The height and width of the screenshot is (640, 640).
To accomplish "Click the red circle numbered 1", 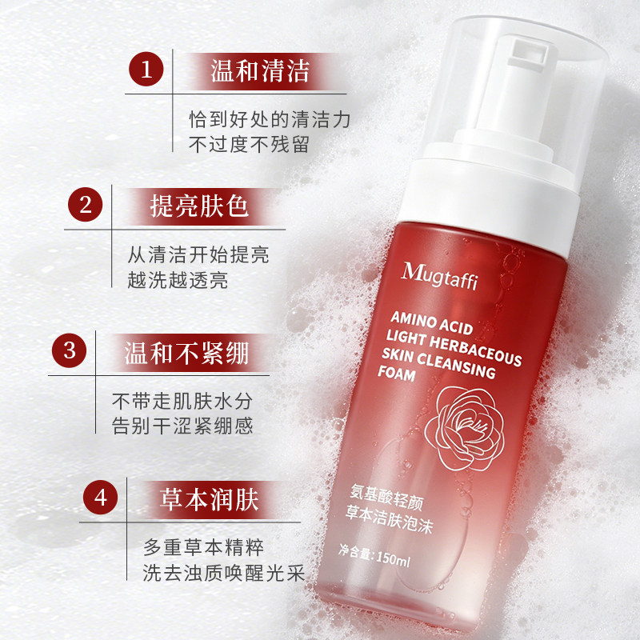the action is click(x=146, y=69).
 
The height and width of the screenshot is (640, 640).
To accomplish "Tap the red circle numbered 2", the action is click(x=86, y=205).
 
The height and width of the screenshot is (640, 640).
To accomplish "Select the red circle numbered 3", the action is click(x=70, y=350).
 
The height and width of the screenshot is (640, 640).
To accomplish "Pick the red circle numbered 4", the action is click(x=101, y=498).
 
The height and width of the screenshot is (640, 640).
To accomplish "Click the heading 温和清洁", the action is click(x=260, y=71).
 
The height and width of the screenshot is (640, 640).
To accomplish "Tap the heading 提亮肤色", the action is click(x=199, y=206).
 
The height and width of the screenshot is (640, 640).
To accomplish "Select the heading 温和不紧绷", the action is click(x=186, y=353).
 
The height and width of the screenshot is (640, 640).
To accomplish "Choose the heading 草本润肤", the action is click(x=209, y=499).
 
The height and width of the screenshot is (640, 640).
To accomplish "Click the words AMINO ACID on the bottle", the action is click(x=431, y=322).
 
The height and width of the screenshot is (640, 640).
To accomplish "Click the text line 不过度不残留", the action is click(x=249, y=145).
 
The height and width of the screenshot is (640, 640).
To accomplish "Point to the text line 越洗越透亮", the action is click(x=178, y=280).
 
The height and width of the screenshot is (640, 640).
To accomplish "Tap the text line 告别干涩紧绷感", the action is click(x=182, y=426).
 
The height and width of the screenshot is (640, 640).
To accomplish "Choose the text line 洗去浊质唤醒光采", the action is click(x=224, y=572).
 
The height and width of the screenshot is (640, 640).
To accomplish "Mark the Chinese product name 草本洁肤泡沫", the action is click(x=389, y=519).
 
